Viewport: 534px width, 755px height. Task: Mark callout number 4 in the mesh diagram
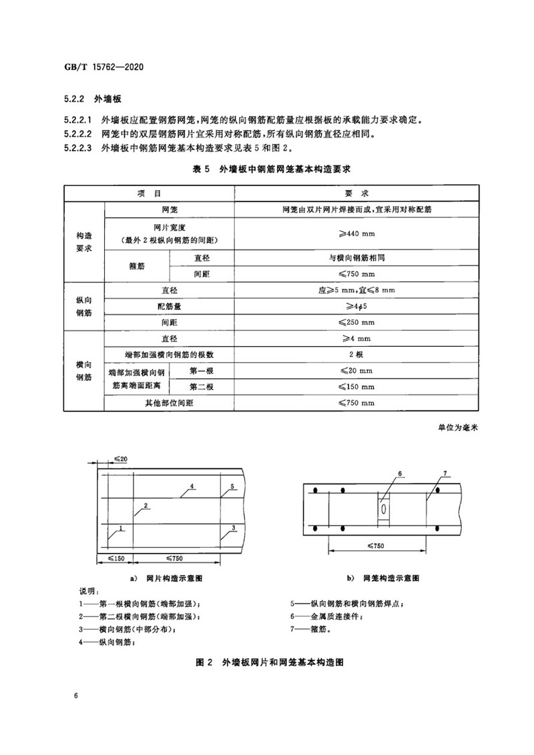pyautogui.click(x=192, y=487)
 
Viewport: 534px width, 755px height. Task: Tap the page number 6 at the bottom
pyautogui.click(x=77, y=696)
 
